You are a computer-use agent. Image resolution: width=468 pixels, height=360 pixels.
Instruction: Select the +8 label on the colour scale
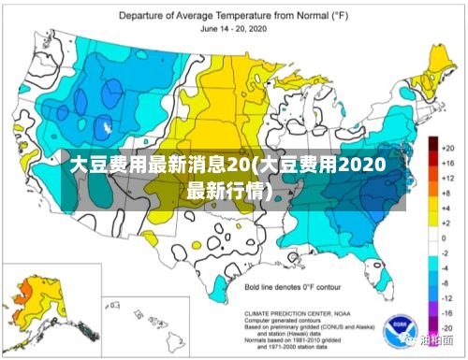[448, 194]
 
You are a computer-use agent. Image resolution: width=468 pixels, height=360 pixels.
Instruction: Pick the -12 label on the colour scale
[448, 297]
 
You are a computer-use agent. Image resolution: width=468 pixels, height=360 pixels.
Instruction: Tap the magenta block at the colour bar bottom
[433, 330]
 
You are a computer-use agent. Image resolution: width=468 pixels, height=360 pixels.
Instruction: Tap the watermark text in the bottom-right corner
[436, 342]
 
